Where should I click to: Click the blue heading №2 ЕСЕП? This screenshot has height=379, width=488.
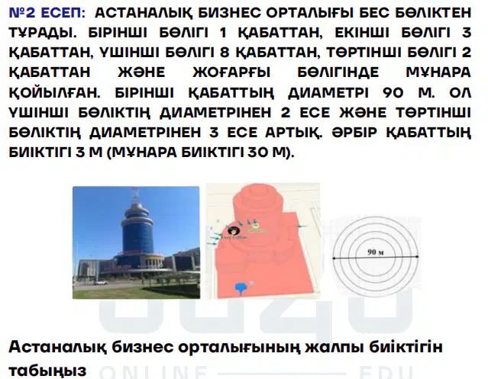pyautogui.click(x=47, y=13)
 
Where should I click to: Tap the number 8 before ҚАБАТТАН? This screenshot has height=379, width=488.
pyautogui.click(x=225, y=52)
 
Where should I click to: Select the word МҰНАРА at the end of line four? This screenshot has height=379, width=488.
pyautogui.click(x=438, y=72)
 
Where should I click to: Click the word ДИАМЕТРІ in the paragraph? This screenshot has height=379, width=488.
pyautogui.click(x=328, y=93)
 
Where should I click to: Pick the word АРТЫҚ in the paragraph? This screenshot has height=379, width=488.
pyautogui.click(x=292, y=133)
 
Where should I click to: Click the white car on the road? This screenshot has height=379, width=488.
pyautogui.click(x=101, y=282)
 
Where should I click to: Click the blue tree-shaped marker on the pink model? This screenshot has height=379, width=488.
pyautogui.click(x=241, y=287)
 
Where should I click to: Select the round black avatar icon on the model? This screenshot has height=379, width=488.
pyautogui.click(x=232, y=230)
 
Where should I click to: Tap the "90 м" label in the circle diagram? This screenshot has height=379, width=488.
pyautogui.click(x=375, y=252)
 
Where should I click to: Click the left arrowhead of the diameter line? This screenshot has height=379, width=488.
pyautogui.click(x=334, y=258)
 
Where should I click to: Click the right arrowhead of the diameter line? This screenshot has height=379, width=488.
pyautogui.click(x=416, y=257)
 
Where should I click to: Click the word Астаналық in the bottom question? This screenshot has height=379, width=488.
pyautogui.click(x=58, y=347)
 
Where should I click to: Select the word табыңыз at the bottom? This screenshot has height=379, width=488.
pyautogui.click(x=47, y=370)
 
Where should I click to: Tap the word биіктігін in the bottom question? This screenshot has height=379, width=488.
pyautogui.click(x=406, y=346)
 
